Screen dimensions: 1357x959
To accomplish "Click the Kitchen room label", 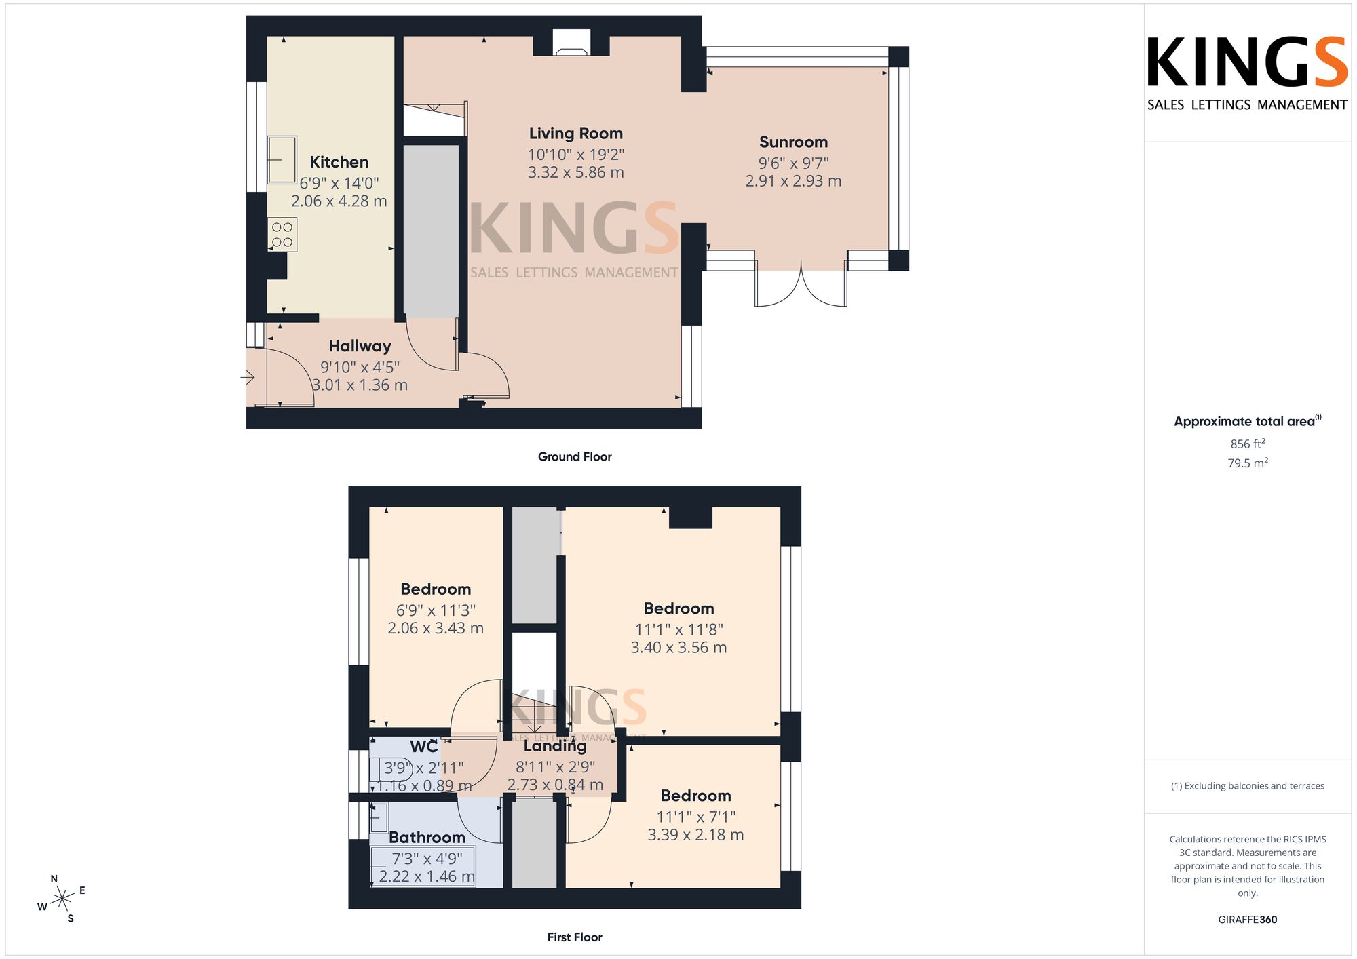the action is pyautogui.click(x=339, y=162).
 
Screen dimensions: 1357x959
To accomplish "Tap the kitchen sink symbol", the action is pyautogui.click(x=282, y=160).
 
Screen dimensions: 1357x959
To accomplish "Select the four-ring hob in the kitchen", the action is pyautogui.click(x=282, y=235).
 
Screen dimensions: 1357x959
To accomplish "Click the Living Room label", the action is pyautogui.click(x=576, y=134).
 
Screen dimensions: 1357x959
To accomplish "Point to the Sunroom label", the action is pyautogui.click(x=794, y=142).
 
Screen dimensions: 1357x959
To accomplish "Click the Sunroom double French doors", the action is pyautogui.click(x=801, y=285).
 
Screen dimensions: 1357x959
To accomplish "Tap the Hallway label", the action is pyautogui.click(x=360, y=346).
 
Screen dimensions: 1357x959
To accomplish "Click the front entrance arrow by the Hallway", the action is pyautogui.click(x=248, y=376).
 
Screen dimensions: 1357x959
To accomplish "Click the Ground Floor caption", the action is pyautogui.click(x=575, y=457).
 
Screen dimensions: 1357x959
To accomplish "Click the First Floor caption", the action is pyautogui.click(x=575, y=937).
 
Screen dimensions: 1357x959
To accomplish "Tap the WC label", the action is pyautogui.click(x=424, y=747).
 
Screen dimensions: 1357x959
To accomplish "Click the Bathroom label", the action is pyautogui.click(x=427, y=838).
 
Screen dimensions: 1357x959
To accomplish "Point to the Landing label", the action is pyautogui.click(x=555, y=746).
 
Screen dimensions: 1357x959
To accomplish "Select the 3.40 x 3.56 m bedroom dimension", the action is pyautogui.click(x=678, y=648).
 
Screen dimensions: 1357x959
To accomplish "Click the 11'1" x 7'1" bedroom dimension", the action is pyautogui.click(x=696, y=817).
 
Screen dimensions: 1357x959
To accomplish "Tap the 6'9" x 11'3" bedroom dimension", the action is pyautogui.click(x=436, y=610).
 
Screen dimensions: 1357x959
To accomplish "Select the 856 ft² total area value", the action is pyautogui.click(x=1248, y=444).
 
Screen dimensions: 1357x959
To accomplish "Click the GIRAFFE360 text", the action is pyautogui.click(x=1248, y=920).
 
